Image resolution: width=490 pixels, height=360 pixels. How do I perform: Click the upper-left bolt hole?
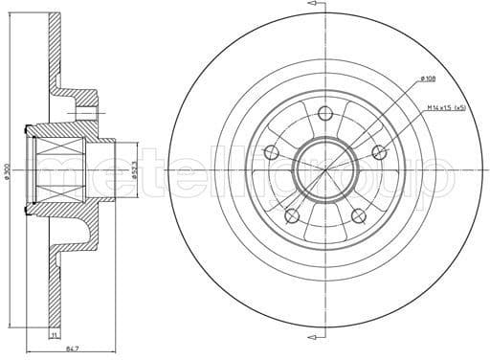[x=272, y=151]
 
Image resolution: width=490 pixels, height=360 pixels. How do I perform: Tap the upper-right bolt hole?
[x=379, y=150]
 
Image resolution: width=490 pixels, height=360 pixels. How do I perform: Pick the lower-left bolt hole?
[x=292, y=214]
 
